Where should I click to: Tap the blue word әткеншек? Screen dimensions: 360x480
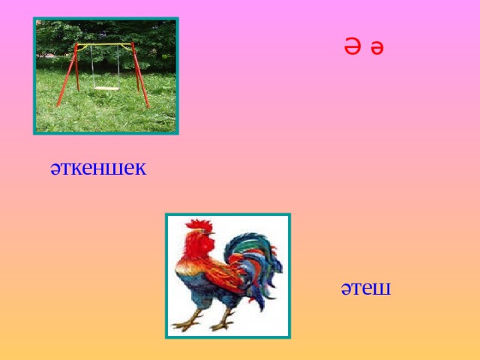[x=98, y=167]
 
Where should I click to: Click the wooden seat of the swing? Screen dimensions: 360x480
[x=106, y=87]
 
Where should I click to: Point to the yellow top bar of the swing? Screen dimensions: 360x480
[x=105, y=44]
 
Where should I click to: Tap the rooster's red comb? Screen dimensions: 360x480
[x=198, y=225]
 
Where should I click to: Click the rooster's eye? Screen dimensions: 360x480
[x=208, y=233]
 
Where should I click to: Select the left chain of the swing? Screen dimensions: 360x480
[x=93, y=66]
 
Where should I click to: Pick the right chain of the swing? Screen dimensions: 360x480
[x=118, y=66]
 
